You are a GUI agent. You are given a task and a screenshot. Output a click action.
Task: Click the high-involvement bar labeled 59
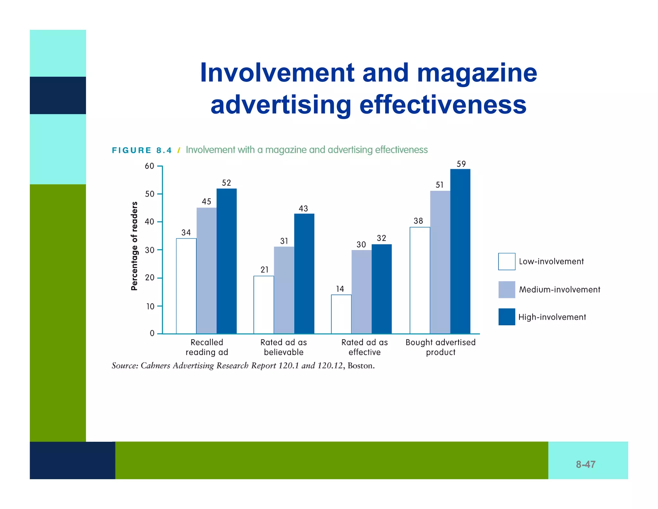click(x=460, y=251)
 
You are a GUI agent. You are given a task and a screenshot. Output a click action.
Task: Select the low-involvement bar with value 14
click(x=341, y=314)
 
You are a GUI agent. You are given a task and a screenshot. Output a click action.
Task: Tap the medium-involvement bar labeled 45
click(x=206, y=270)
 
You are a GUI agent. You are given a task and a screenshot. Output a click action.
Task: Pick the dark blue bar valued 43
click(x=304, y=273)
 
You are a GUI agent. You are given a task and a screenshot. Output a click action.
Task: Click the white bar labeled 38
click(x=420, y=280)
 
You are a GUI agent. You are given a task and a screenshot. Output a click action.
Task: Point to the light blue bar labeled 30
click(x=361, y=292)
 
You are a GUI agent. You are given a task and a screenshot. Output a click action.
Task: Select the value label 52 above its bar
click(x=227, y=183)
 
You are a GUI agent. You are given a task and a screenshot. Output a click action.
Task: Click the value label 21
click(x=264, y=270)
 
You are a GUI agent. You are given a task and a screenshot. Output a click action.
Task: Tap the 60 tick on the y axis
click(x=149, y=166)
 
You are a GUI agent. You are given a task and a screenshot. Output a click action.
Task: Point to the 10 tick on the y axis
click(x=150, y=306)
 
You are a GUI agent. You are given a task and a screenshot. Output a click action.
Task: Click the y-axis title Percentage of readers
click(x=134, y=246)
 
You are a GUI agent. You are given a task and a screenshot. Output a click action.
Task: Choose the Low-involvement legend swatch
click(x=507, y=261)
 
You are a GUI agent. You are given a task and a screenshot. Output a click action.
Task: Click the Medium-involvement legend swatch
click(x=507, y=289)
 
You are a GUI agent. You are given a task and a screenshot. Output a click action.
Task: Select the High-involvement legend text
click(x=552, y=317)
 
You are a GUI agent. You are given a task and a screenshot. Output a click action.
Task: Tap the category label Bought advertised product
click(x=440, y=347)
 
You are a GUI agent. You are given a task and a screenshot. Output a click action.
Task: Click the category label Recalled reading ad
click(x=207, y=347)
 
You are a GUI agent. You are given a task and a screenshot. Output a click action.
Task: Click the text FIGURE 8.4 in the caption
click(x=142, y=150)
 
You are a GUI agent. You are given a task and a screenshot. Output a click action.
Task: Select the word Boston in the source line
click(x=361, y=366)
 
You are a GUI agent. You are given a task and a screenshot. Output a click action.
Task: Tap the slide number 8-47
click(x=585, y=464)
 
